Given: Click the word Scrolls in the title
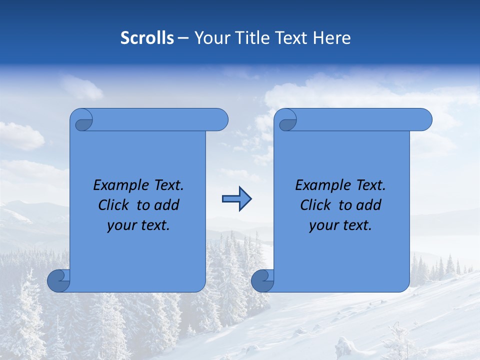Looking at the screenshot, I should (x=147, y=38).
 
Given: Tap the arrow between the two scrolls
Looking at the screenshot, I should (x=236, y=199).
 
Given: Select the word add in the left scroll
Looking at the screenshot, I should (x=166, y=205).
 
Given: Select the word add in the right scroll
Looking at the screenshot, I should (x=368, y=205).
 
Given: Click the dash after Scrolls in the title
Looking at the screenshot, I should (x=183, y=38).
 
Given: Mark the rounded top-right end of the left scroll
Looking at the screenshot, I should (x=220, y=119).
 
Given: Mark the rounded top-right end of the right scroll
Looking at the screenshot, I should (x=424, y=119).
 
